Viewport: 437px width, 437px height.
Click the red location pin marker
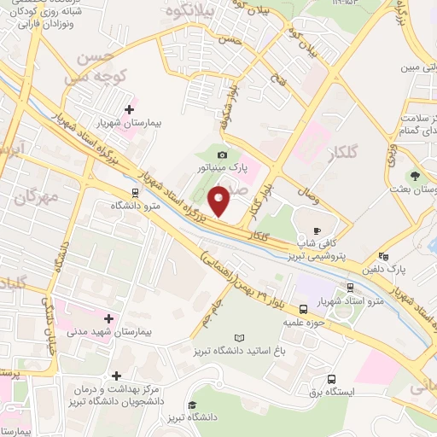coord(221,202)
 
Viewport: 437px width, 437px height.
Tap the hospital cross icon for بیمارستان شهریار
coord(130,109)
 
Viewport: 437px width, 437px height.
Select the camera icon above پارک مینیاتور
coord(223,154)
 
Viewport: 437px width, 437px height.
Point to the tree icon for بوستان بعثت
coord(415,176)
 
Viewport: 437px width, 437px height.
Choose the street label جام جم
coord(223,306)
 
